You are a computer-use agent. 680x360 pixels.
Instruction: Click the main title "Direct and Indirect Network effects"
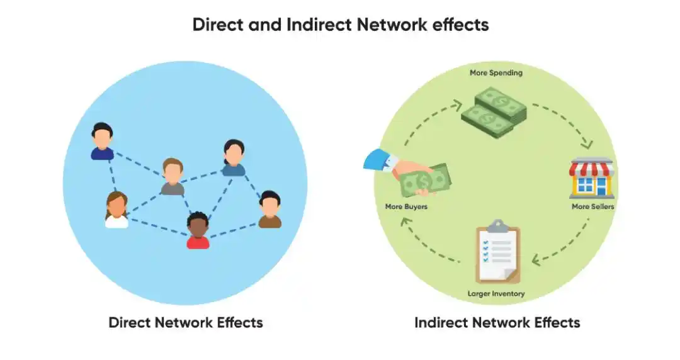point(340,25)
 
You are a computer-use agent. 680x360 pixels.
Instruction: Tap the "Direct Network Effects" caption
point(186,323)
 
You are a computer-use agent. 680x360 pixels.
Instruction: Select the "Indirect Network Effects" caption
point(497,323)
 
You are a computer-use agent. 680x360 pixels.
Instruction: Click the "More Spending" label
point(496,73)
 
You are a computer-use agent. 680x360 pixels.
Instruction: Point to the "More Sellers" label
point(592,206)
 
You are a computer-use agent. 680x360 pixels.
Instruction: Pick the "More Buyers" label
point(406,206)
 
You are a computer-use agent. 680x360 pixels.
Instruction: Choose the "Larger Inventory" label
point(496,293)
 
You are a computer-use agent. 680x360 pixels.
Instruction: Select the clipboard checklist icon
point(497,252)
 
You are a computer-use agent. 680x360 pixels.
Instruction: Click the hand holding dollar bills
point(409,173)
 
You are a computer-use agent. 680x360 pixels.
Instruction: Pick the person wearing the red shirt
point(198,230)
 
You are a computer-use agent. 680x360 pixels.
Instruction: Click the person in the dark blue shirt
point(102,142)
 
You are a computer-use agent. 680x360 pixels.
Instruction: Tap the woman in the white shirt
point(116,210)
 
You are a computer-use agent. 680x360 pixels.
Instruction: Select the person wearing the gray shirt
point(172,177)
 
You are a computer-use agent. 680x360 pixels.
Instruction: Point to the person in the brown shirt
point(269,209)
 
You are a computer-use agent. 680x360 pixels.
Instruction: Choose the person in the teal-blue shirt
point(233,158)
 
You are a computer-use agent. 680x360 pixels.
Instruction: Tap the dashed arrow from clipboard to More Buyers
point(428,242)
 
